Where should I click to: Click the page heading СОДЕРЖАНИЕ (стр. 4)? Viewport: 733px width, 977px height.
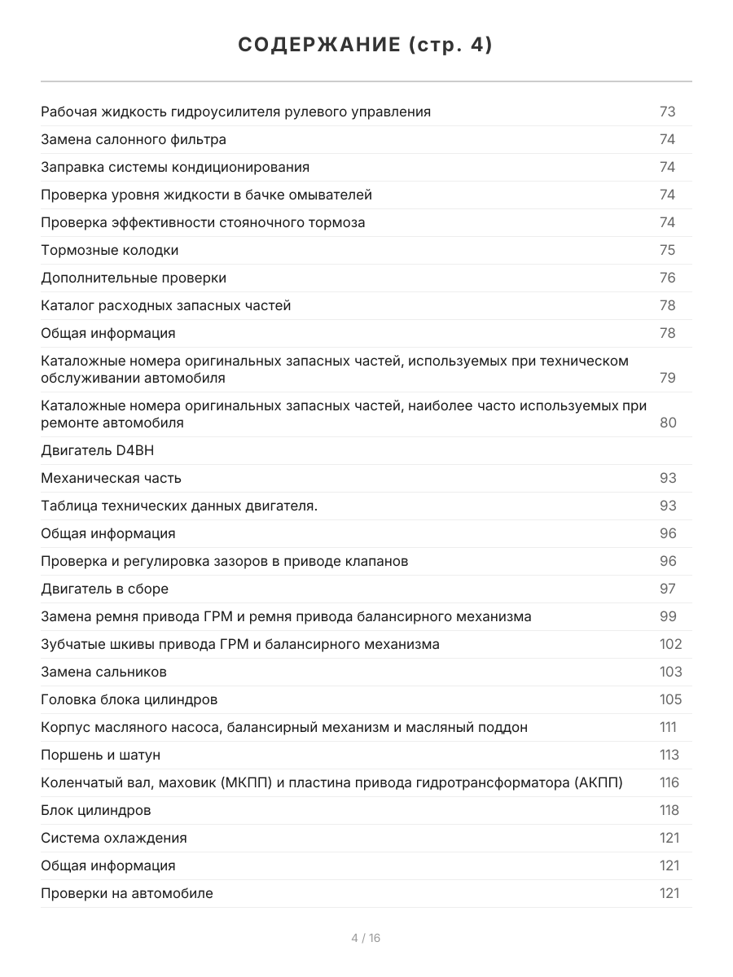tap(366, 46)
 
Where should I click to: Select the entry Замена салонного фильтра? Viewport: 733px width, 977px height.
tap(134, 139)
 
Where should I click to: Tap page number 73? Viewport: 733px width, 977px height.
tap(667, 112)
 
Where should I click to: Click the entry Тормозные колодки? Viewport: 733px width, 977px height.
tap(110, 250)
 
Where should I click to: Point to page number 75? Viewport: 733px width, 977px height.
tap(667, 250)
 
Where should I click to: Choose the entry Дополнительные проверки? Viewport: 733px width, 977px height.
tap(134, 278)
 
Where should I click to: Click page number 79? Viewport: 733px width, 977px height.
tap(667, 378)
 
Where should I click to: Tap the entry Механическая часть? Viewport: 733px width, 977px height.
tap(111, 478)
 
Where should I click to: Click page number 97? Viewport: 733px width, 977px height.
tap(667, 589)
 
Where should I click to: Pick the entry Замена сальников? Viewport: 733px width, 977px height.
tap(103, 672)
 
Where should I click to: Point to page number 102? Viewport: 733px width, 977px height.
tap(670, 644)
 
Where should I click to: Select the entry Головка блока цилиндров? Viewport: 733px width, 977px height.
tap(129, 699)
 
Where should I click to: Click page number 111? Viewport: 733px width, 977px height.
tap(668, 727)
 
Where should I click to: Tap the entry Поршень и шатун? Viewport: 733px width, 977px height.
tap(101, 755)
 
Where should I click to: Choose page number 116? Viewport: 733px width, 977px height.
tap(669, 782)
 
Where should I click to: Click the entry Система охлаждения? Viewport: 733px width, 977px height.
tap(114, 838)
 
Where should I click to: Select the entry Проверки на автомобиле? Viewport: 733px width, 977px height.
tap(127, 893)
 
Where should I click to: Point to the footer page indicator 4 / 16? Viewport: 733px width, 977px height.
tap(366, 938)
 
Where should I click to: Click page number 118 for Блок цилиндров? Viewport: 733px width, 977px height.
tap(669, 810)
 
